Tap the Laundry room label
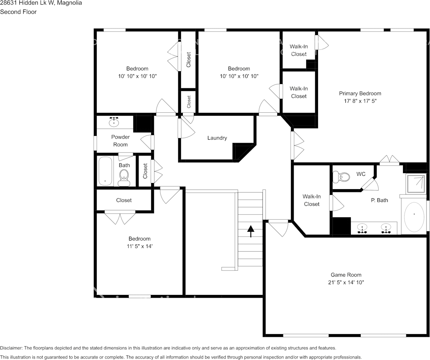(x=217, y=138)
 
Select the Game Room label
(x=346, y=275)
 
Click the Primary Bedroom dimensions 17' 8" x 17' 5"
(x=360, y=101)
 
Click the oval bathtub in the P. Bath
(x=414, y=217)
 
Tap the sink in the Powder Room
(x=114, y=122)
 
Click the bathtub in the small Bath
(x=105, y=172)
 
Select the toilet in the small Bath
(x=124, y=177)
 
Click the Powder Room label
(x=120, y=141)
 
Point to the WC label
(x=361, y=174)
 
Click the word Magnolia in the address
(x=69, y=3)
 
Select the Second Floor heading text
(x=18, y=12)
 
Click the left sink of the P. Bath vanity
(x=362, y=229)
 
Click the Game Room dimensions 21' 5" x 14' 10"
(x=346, y=283)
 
